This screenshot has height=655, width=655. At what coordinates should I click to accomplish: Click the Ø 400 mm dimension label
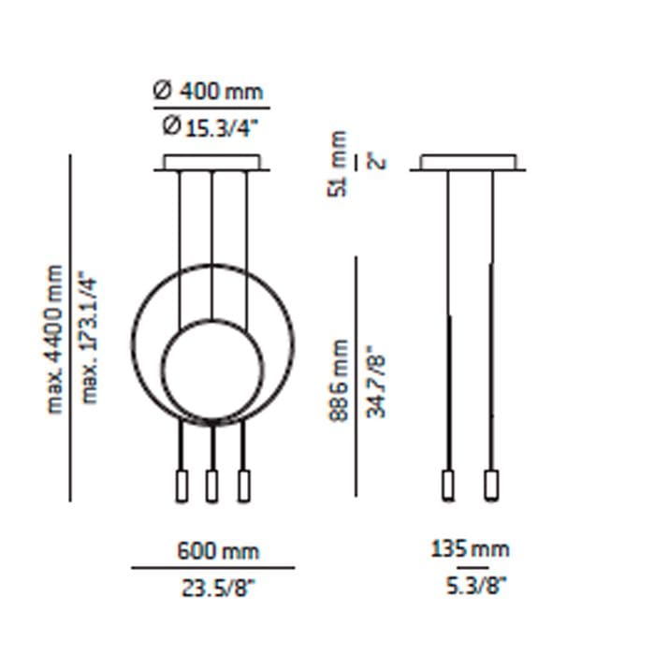(208, 91)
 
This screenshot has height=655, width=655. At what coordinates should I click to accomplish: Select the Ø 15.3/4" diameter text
(211, 127)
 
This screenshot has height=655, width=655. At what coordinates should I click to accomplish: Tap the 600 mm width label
(218, 550)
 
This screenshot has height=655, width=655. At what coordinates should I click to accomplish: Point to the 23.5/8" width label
(218, 589)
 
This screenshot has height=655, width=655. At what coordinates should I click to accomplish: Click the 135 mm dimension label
(470, 549)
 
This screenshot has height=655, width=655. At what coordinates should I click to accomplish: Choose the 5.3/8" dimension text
(475, 585)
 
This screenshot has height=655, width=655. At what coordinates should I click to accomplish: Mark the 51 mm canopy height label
(338, 164)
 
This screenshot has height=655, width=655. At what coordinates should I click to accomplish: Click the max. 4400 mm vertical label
(54, 339)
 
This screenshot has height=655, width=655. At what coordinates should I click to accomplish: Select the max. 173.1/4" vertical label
(89, 338)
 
